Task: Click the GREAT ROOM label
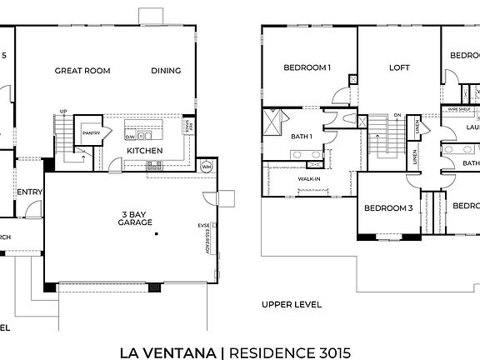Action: [x=82, y=71]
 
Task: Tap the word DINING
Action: [x=166, y=71]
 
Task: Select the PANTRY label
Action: [x=91, y=132]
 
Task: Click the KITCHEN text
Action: [x=144, y=151]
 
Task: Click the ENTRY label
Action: [x=29, y=192]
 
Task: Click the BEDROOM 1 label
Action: [x=307, y=67]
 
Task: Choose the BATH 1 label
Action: [x=301, y=136]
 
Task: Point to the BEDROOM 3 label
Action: [x=387, y=208]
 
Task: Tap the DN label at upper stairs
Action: [x=397, y=116]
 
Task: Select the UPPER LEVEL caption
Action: [x=291, y=304]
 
